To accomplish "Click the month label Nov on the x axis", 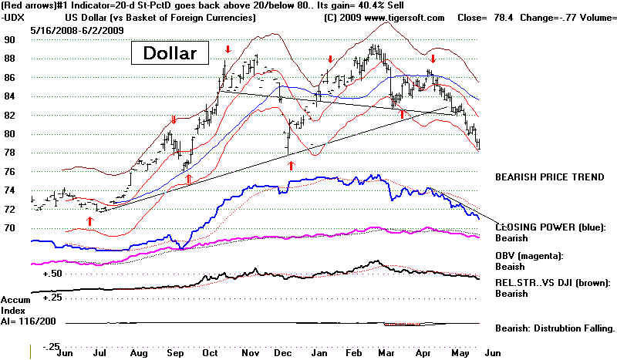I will tap(251, 351).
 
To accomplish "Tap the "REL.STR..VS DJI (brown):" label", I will tap(551, 281).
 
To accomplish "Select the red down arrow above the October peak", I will tap(228, 51).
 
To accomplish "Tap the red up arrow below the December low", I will tap(291, 165).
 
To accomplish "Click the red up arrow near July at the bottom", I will tap(89, 221).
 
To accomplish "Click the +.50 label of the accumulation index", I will tap(52, 273).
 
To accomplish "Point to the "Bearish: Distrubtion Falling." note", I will tap(555, 328).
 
